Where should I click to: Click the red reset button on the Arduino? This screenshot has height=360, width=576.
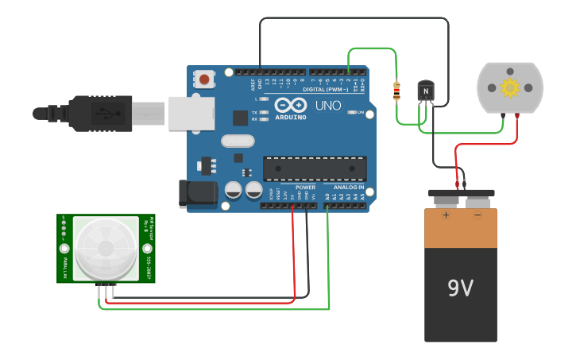click(x=205, y=79)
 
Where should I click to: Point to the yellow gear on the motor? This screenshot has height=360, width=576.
click(x=509, y=87)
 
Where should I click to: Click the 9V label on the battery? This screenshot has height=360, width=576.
click(x=460, y=288)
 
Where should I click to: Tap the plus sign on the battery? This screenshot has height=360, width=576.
click(x=446, y=215)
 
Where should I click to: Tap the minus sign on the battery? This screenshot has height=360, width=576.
click(x=477, y=215)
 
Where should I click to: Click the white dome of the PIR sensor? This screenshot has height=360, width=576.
click(x=106, y=247)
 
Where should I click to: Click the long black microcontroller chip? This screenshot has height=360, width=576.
click(x=315, y=169)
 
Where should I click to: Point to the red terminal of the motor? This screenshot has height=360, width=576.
click(x=518, y=115)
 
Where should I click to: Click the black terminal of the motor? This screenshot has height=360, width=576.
click(x=503, y=116)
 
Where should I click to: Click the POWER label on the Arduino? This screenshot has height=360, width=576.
click(x=305, y=187)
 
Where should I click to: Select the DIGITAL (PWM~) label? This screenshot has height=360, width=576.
click(x=326, y=90)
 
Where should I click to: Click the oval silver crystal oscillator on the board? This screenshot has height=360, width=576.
click(x=237, y=141)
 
